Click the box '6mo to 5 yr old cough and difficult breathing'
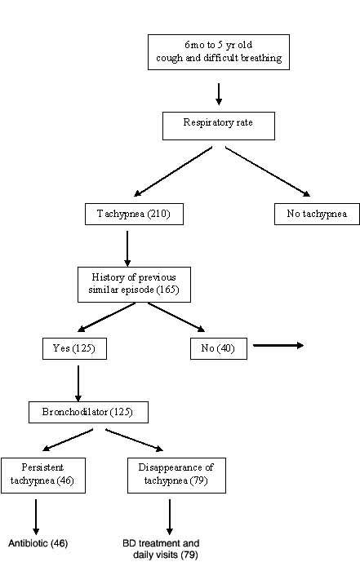pos(219,52)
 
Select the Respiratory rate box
pos(219,126)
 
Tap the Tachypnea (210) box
pos(134,214)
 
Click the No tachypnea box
pos(317,214)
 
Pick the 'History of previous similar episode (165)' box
pos(134,285)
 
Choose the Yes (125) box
pos(74,348)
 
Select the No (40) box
pos(219,348)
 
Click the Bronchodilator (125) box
pos(88,412)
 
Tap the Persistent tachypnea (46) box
pos(43,476)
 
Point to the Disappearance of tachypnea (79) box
pos(176,476)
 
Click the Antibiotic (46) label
pos(38,543)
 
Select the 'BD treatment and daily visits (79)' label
pos(161,549)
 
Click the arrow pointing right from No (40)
pos(278,345)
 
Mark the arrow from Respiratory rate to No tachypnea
pos(268,171)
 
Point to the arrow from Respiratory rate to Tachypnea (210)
pos(173,171)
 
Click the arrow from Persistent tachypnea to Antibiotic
pos(36,516)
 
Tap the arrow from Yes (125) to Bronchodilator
pos(78,383)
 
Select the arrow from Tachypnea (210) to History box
pos(127,249)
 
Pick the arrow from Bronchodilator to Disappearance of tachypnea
pos(135,440)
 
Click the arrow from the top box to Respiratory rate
pos(219,95)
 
